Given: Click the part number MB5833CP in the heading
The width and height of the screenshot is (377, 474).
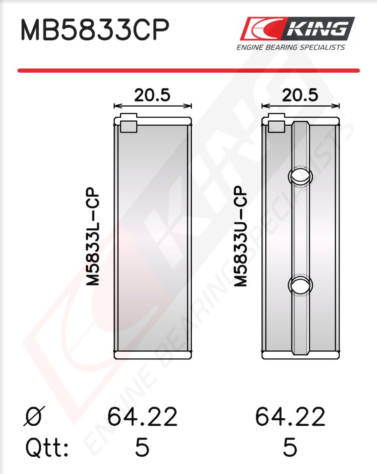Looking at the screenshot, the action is [x=95, y=30].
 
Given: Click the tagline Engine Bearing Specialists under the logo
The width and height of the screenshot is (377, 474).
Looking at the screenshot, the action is [x=291, y=47].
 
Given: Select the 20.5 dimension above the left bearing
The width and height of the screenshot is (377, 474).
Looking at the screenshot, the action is [x=152, y=95].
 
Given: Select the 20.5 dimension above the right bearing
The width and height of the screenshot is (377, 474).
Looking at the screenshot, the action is [x=300, y=95].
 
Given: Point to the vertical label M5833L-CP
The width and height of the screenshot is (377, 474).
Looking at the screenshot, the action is [x=93, y=237].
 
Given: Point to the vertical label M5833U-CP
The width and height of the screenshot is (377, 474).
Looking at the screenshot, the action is [x=241, y=237].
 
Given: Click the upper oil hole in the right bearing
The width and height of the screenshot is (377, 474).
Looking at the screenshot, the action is [x=300, y=176].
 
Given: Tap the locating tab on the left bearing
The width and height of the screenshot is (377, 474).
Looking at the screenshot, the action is [x=129, y=123].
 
